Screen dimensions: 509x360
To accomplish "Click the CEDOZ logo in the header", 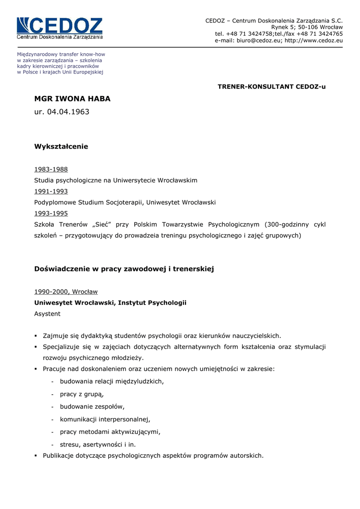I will (x=60, y=28).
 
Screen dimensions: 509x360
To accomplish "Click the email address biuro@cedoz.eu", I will (x=259, y=41).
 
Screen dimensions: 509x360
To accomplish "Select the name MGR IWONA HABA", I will (x=72, y=99).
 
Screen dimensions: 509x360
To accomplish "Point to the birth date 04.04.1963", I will (x=68, y=112).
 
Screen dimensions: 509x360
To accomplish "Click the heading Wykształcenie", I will (x=61, y=147).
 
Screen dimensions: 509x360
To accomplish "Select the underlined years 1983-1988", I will (x=51, y=170).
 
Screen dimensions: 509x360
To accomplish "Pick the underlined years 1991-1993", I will (x=51, y=191).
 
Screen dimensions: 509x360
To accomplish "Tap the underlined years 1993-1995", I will (x=51, y=213).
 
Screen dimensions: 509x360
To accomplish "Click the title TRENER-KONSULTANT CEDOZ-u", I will (x=271, y=86).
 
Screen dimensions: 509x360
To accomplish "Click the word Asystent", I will (x=47, y=314).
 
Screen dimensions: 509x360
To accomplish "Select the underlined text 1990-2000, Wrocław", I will (x=66, y=292).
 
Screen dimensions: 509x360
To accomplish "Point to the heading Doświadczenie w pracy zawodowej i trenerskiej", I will (x=124, y=269).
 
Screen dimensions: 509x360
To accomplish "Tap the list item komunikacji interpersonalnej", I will (x=105, y=419).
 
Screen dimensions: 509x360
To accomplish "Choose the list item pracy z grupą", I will (x=82, y=394).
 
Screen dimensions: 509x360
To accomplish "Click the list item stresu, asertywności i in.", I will (x=97, y=444).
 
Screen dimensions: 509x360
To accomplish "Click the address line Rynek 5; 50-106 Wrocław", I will (x=307, y=27).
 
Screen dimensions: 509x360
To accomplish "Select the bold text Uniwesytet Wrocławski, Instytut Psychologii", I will (x=110, y=303).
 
